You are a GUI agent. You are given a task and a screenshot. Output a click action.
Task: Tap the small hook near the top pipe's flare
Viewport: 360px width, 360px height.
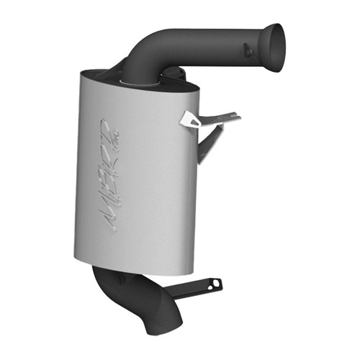(248, 50)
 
